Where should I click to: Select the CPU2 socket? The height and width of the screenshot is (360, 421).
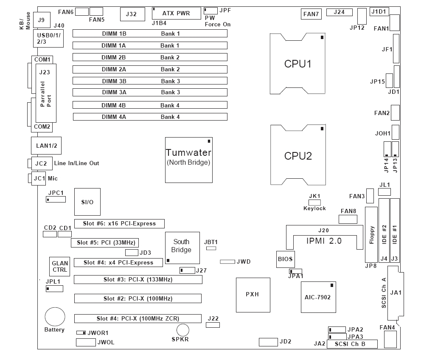point(298,155)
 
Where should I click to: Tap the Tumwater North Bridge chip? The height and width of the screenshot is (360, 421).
point(188,160)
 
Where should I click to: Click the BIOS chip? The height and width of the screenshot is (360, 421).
point(285,259)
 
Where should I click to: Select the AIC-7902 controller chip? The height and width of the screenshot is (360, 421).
point(318,297)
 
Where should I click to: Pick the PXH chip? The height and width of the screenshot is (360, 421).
point(253,294)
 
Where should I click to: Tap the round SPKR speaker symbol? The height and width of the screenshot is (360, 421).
point(183,330)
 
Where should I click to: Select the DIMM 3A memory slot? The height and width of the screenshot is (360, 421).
point(150,92)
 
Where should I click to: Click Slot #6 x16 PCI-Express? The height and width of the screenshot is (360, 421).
point(119,223)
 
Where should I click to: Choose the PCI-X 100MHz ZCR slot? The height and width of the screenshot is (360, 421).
point(138,318)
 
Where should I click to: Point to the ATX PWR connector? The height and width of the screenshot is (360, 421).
point(176,13)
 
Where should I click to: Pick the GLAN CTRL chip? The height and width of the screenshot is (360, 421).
point(59,267)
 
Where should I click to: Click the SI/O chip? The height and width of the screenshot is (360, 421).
point(87,202)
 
